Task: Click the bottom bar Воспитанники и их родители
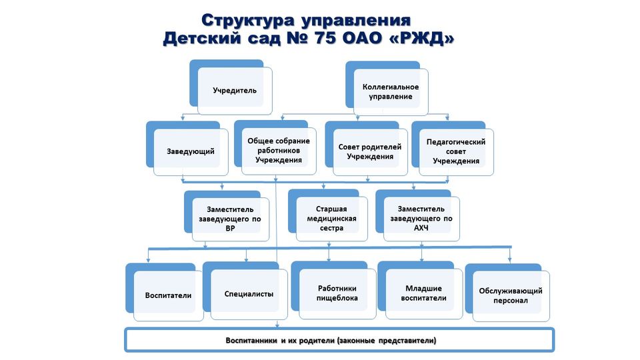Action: [339, 340]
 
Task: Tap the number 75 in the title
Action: [325, 39]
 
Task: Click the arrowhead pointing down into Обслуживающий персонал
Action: [510, 260]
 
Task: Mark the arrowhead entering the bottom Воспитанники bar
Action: [277, 325]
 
